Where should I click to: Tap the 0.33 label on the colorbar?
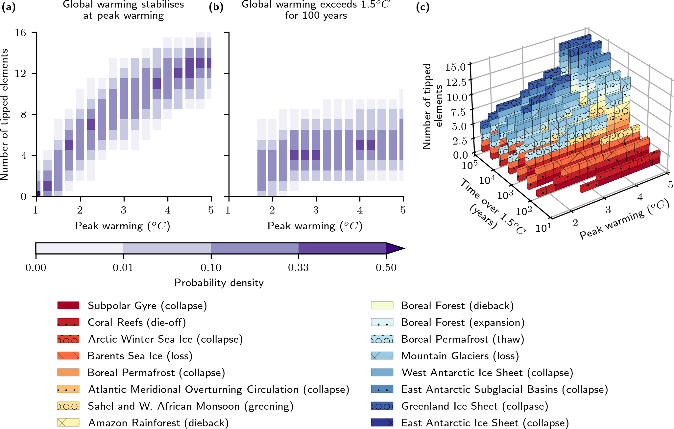[298, 268]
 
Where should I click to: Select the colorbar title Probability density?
[219, 283]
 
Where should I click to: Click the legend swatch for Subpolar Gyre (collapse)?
[68, 305]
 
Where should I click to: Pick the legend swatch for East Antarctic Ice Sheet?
[382, 423]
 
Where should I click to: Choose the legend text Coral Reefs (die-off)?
[137, 322]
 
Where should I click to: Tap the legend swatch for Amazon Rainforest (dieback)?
[68, 423]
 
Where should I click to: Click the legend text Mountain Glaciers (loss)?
[460, 356]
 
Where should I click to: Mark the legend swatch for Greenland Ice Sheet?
[382, 406]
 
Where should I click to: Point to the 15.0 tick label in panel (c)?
[456, 67]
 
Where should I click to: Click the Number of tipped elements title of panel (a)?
[5, 115]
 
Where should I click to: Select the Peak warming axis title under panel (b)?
[315, 226]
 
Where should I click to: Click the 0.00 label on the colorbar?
[36, 268]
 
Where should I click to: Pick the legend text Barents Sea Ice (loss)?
[140, 356]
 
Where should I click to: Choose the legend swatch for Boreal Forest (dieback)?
[382, 305]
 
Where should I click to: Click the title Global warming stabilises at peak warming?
[123, 10]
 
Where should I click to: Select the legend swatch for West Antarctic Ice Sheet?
[382, 373]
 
